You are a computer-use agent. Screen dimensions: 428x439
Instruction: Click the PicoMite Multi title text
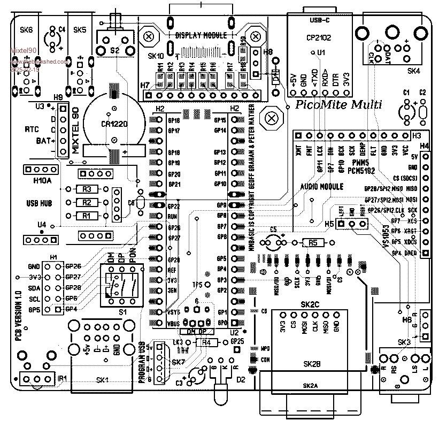click(x=338, y=105)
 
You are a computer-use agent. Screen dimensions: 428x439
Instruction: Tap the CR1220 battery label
click(x=114, y=124)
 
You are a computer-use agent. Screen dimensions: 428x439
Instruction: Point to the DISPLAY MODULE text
click(x=201, y=35)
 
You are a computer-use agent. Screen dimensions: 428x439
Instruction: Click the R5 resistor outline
click(x=313, y=243)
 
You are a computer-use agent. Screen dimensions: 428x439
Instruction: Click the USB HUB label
click(x=38, y=203)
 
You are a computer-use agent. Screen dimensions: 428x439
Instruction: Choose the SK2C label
click(x=310, y=304)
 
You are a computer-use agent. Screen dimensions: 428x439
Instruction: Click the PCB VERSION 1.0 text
click(x=18, y=316)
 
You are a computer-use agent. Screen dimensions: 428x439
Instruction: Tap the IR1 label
click(x=63, y=379)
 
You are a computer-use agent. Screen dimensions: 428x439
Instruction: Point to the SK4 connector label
click(x=413, y=71)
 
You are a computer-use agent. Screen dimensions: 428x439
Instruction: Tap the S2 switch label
click(x=114, y=50)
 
